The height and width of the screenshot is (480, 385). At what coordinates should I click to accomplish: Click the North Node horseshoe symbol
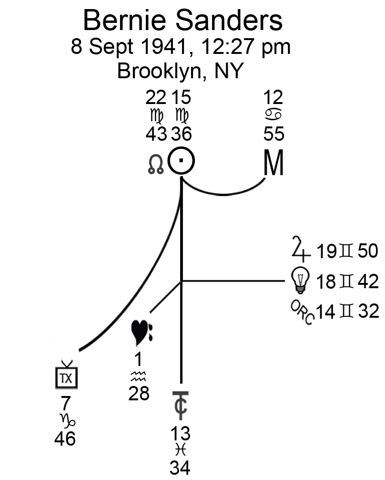(156, 165)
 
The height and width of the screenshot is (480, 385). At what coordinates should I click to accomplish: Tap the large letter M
(274, 164)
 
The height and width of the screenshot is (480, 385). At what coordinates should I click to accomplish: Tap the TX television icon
(65, 376)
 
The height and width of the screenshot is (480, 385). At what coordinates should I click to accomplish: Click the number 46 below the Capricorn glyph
(65, 439)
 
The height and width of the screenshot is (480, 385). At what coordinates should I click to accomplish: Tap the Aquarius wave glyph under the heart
(138, 378)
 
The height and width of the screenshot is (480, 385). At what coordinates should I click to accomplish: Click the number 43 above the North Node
(156, 134)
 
